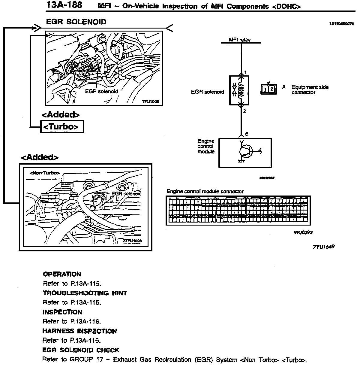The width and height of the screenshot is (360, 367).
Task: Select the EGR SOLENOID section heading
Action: pyautogui.click(x=76, y=22)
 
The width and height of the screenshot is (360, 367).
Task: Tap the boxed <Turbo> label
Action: pyautogui.click(x=62, y=127)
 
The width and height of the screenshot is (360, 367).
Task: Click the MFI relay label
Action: pyautogui.click(x=239, y=40)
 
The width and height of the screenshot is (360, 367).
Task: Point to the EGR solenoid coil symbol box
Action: pyautogui.click(x=239, y=90)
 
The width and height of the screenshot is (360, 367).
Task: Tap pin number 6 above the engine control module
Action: pyautogui.click(x=247, y=134)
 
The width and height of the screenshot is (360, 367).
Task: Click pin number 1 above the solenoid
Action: pyautogui.click(x=245, y=72)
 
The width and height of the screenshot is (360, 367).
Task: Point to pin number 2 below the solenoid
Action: pyautogui.click(x=245, y=111)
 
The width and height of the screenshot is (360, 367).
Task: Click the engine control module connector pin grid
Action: pyautogui.click(x=238, y=210)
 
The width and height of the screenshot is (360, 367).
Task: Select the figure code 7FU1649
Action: pyautogui.click(x=323, y=247)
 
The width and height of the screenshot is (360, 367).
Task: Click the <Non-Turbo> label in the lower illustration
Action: pyautogui.click(x=45, y=173)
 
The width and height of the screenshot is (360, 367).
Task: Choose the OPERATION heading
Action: pyautogui.click(x=62, y=274)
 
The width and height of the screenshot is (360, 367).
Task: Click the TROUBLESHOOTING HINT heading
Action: pyautogui.click(x=85, y=293)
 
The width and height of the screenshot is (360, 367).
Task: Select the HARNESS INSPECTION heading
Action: pyautogui.click(x=79, y=331)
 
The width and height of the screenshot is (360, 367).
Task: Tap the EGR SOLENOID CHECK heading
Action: pyautogui.click(x=81, y=350)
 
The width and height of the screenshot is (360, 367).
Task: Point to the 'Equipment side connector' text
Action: pyautogui.click(x=310, y=90)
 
